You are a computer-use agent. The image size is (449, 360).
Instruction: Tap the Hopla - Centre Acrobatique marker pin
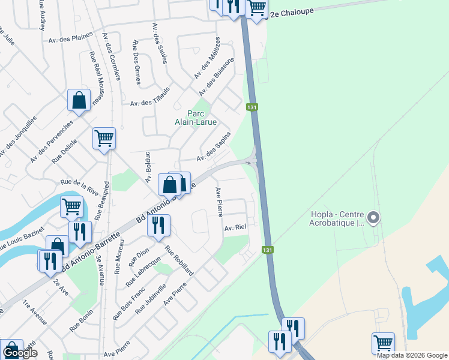click(x=373, y=217)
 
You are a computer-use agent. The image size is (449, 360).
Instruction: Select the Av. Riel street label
click(x=236, y=228)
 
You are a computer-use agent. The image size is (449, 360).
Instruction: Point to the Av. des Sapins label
click(x=214, y=149)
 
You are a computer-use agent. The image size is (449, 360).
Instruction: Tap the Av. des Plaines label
click(x=71, y=38)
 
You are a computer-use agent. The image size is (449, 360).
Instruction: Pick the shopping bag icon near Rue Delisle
click(x=79, y=100)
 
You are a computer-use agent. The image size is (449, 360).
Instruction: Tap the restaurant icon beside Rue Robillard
click(x=158, y=225)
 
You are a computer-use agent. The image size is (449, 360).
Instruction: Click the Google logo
click(x=20, y=353)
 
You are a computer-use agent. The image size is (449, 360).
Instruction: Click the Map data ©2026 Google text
click(x=412, y=355)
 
